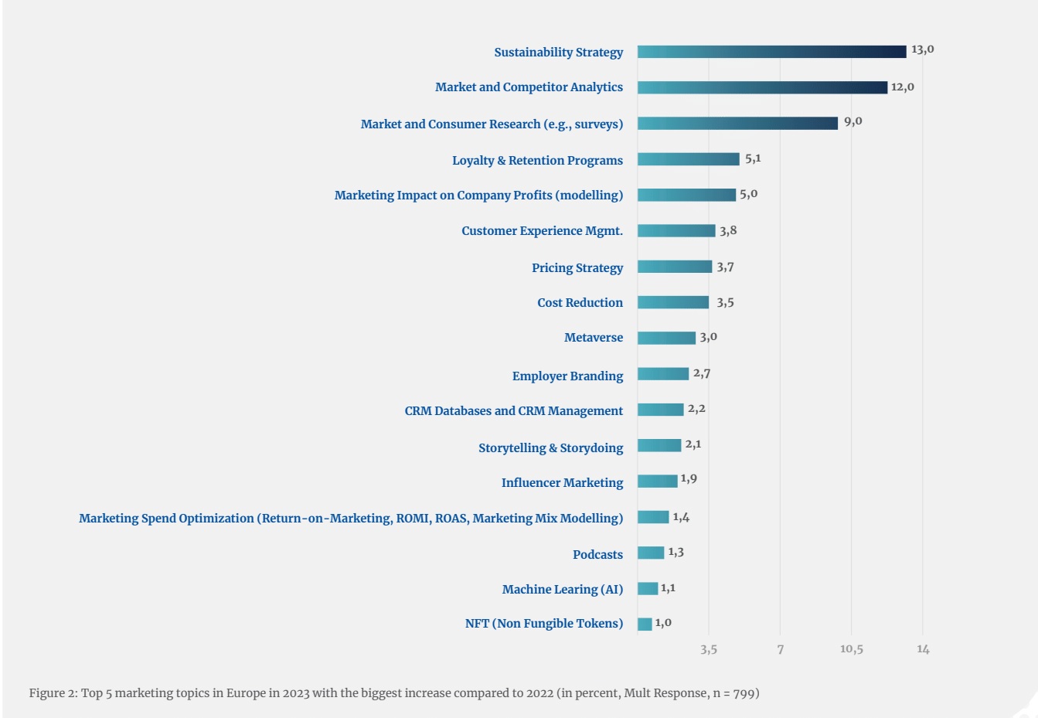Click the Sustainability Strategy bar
tap(771, 52)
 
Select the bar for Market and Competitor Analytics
tap(762, 87)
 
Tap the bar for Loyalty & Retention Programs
tap(688, 159)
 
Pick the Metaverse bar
tap(666, 338)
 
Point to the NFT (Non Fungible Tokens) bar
tap(645, 624)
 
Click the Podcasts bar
tap(651, 553)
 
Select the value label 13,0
tap(922, 49)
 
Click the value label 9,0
tap(853, 121)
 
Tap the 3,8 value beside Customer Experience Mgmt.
tap(728, 230)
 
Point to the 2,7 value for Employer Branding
tap(702, 373)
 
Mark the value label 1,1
tap(668, 588)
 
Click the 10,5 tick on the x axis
tap(851, 649)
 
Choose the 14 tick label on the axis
tap(923, 649)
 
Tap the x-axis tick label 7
tap(781, 649)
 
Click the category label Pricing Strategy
tap(577, 267)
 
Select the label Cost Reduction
tap(580, 303)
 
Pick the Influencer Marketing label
tap(562, 482)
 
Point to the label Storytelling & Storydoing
tap(550, 447)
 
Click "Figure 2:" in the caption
tap(53, 693)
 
